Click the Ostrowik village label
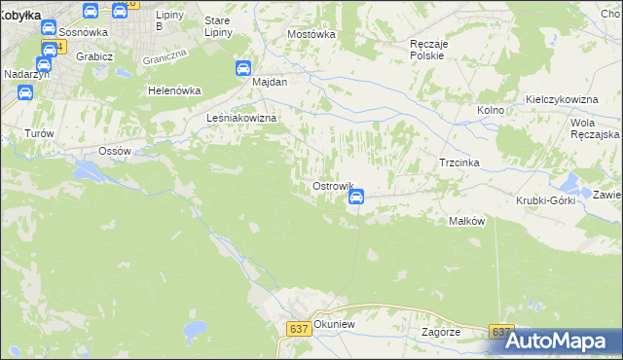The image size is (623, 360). pyautogui.click(x=331, y=185)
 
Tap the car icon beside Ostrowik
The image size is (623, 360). pyautogui.click(x=356, y=197)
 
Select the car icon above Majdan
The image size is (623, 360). pyautogui.click(x=243, y=68)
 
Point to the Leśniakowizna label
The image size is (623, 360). pyautogui.click(x=242, y=118)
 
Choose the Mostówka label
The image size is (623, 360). pyautogui.click(x=311, y=34)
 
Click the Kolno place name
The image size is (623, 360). pyautogui.click(x=491, y=110)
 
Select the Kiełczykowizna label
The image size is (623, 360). pyautogui.click(x=561, y=100)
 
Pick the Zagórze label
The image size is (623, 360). pyautogui.click(x=441, y=331)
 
